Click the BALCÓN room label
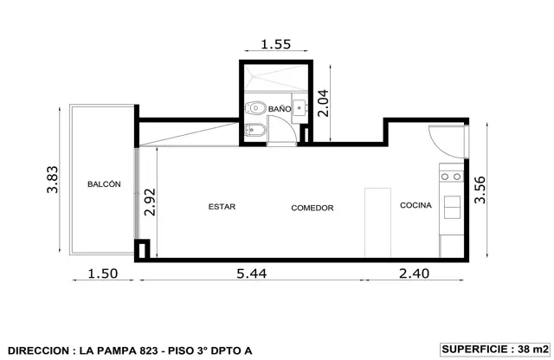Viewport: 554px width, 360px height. point(104,184)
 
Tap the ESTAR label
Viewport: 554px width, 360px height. point(222,207)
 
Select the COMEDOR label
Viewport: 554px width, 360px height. point(312,208)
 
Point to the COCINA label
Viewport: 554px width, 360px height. point(415,205)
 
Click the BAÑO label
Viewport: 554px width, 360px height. point(280,108)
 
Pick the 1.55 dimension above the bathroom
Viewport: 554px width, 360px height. point(276,44)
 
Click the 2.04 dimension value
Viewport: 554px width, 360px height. point(323,103)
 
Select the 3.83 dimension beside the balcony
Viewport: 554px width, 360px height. point(52,179)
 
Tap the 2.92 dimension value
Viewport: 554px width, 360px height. point(150,202)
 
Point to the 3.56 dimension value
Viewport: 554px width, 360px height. point(480,190)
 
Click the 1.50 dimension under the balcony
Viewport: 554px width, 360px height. point(103,273)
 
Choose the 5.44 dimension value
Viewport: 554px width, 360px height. point(252,273)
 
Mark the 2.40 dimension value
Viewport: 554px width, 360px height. point(414,273)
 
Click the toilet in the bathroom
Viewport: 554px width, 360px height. point(255,108)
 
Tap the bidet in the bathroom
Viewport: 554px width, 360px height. point(252,130)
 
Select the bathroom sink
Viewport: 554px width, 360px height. point(300,108)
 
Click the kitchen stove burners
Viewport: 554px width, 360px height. point(451,177)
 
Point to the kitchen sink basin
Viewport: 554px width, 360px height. point(452,207)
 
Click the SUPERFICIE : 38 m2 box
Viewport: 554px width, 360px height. point(495,350)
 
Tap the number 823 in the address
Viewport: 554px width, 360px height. point(149,350)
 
